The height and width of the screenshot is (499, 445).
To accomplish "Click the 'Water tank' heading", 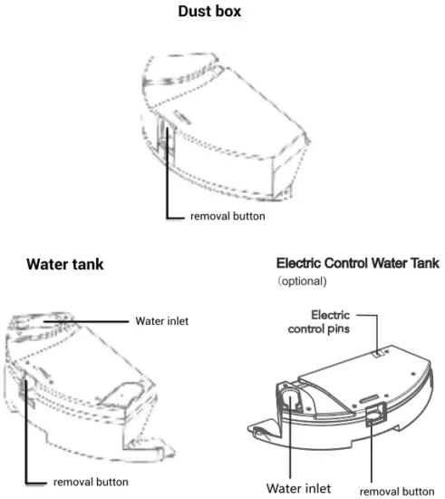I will tap(64, 265).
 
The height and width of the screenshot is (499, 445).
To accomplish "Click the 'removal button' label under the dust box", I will tap(227, 218).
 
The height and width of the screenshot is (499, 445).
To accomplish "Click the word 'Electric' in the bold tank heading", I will tap(300, 262).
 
